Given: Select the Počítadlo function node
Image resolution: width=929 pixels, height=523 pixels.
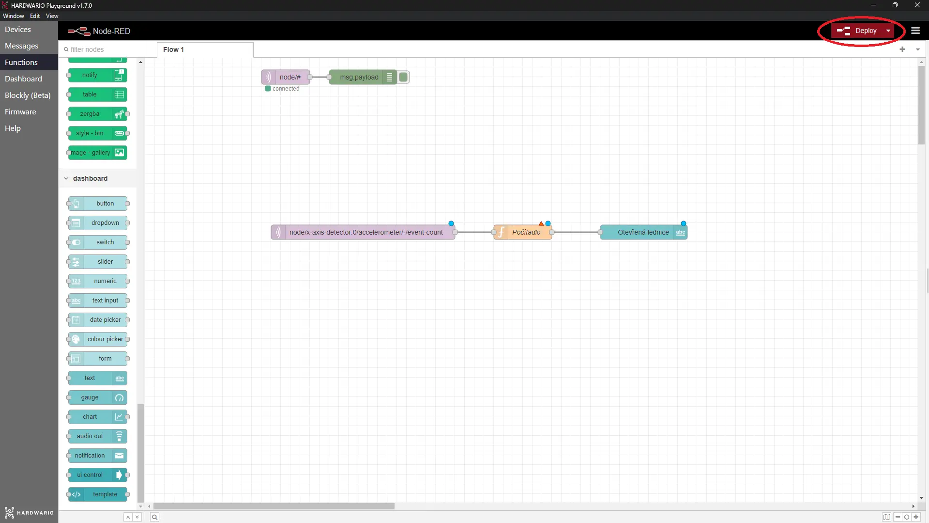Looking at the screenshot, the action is tap(523, 232).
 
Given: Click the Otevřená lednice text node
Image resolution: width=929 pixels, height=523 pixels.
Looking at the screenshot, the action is tap(643, 232).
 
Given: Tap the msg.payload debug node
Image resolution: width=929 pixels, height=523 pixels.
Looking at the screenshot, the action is tap(363, 77).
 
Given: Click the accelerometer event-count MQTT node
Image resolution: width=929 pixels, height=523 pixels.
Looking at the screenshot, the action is tap(363, 232).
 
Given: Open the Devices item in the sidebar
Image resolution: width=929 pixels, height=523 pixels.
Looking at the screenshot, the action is tap(18, 30).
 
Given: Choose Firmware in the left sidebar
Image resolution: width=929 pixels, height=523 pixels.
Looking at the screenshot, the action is tap(20, 112).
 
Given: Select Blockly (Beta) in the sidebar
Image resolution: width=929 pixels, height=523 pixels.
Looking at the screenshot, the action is tap(28, 95).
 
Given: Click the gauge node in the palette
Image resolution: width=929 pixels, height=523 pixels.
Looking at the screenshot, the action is tap(97, 397).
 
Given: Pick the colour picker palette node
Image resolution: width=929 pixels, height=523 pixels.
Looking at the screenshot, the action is tap(97, 339).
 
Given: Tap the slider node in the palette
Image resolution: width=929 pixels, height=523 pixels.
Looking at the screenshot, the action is tap(97, 262).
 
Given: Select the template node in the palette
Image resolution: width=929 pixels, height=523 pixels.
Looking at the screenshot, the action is tap(97, 494).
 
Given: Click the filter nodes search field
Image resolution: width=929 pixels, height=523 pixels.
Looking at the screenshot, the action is tap(102, 49).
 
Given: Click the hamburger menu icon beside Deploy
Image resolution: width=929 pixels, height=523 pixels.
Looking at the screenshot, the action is tap(915, 31).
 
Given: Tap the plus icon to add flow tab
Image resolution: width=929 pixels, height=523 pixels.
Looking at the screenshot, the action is tap(902, 49).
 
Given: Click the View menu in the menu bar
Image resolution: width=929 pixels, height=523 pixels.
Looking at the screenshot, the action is tap(52, 16).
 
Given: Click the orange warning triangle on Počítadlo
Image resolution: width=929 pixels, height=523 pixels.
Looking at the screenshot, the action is tap(541, 223).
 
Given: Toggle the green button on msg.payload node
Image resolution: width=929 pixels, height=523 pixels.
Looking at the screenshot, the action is tap(403, 77).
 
